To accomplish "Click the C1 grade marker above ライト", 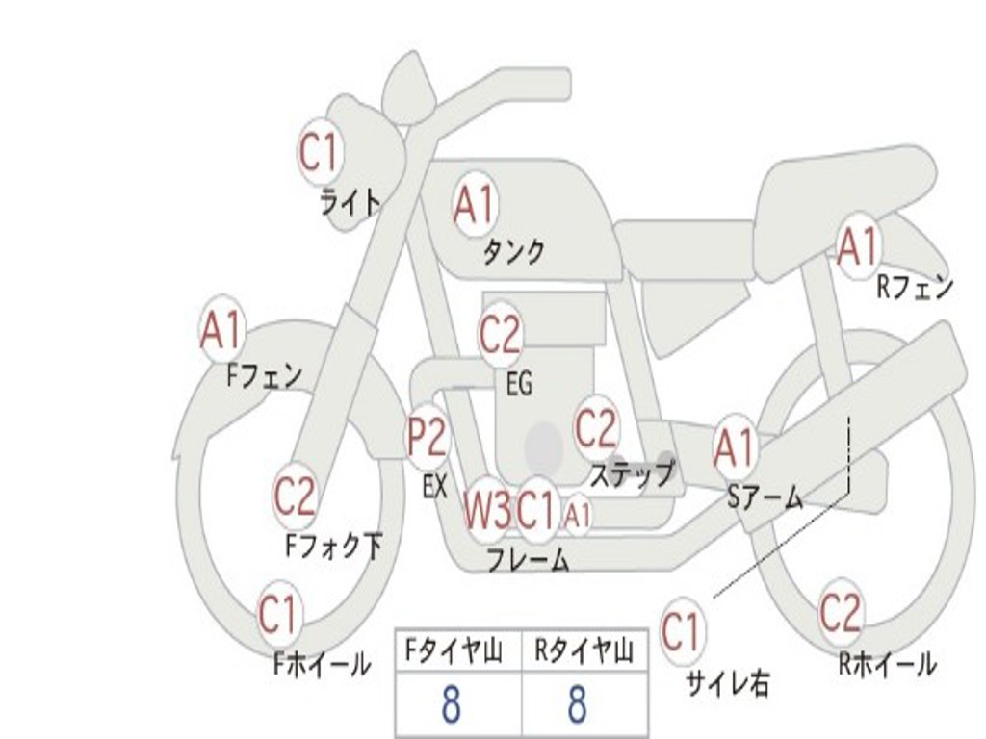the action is pyautogui.click(x=321, y=151).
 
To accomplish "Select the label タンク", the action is pyautogui.click(x=513, y=252).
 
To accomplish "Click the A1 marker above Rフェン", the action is pyautogui.click(x=858, y=246).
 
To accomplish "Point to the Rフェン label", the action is pyautogui.click(x=915, y=288).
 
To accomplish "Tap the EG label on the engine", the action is pyautogui.click(x=519, y=383).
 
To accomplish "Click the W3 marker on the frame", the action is pyautogui.click(x=487, y=510).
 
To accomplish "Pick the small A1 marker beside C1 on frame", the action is pyautogui.click(x=578, y=516).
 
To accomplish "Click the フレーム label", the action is pyautogui.click(x=529, y=559).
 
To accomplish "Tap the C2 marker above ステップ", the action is pyautogui.click(x=596, y=428).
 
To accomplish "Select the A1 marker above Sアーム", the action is pyautogui.click(x=735, y=448).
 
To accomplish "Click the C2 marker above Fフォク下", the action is pyautogui.click(x=295, y=496).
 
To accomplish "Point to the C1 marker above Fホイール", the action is pyautogui.click(x=278, y=615).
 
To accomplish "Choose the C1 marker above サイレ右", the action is pyautogui.click(x=682, y=630).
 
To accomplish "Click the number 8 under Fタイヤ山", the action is pyautogui.click(x=452, y=703).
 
